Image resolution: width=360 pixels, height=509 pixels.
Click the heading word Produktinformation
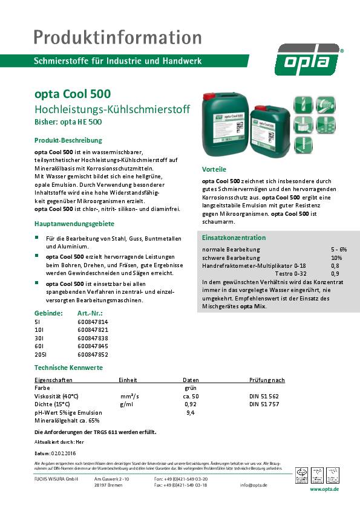tap(117, 37)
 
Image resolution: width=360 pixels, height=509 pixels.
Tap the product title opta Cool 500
tap(73, 95)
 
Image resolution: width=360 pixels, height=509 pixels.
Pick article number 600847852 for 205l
tap(93, 355)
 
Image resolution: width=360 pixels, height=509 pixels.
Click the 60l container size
tap(39, 347)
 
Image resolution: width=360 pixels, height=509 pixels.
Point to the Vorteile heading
tap(214, 169)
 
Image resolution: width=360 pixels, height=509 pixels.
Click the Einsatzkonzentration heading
tap(234, 238)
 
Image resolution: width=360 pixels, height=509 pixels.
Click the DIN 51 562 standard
tap(264, 395)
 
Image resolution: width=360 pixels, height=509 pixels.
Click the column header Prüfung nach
tap(267, 380)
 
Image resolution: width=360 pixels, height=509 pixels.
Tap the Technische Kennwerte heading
tap(68, 368)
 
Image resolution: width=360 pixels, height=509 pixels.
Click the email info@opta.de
tap(270, 485)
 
